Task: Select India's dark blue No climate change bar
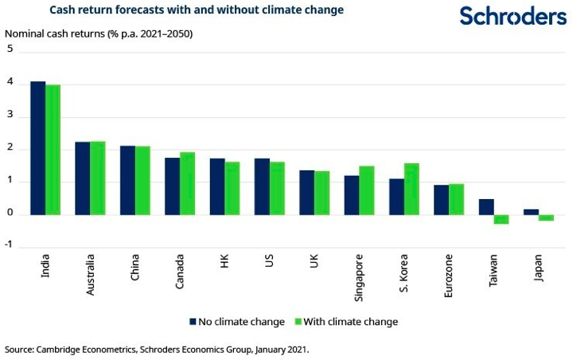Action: click(x=38, y=148)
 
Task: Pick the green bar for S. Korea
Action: click(x=411, y=189)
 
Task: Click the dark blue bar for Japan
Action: click(x=531, y=212)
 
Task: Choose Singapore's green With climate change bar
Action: click(x=367, y=190)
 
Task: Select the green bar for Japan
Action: click(x=546, y=217)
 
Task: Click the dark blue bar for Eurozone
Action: click(x=441, y=200)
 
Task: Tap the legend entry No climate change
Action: click(x=236, y=322)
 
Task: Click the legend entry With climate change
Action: click(x=348, y=322)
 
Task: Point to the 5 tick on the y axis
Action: click(x=10, y=49)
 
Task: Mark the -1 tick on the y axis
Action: click(x=9, y=246)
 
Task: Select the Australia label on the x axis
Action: click(x=91, y=274)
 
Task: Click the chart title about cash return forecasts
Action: click(x=197, y=10)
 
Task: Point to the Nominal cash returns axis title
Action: click(x=99, y=33)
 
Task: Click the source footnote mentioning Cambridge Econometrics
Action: click(x=156, y=349)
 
